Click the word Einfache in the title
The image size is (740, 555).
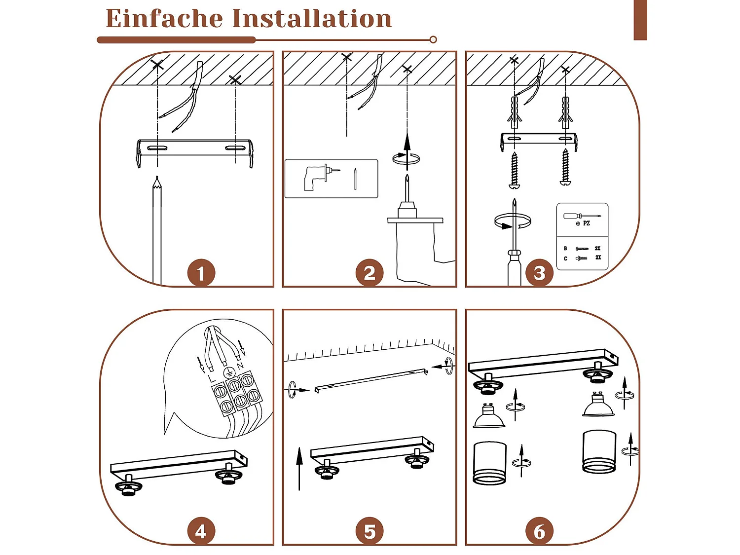[164, 18]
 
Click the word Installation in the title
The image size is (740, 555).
[312, 18]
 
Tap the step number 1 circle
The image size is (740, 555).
[201, 273]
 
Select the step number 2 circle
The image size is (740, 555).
[370, 273]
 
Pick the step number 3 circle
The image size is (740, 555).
[539, 273]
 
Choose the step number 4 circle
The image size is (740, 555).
[201, 531]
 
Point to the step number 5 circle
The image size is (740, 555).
[370, 531]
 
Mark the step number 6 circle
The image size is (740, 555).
[539, 531]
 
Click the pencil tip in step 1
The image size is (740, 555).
[157, 177]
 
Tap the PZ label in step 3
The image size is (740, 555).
[587, 223]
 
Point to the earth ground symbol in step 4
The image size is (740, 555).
[229, 372]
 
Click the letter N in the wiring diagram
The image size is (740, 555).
[240, 365]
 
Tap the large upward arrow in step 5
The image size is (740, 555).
[299, 468]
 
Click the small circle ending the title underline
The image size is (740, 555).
[434, 40]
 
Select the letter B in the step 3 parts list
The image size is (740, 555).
[565, 248]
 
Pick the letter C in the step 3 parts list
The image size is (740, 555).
[565, 259]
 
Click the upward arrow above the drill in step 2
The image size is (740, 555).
[407, 151]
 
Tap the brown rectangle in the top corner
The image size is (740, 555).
[640, 20]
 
